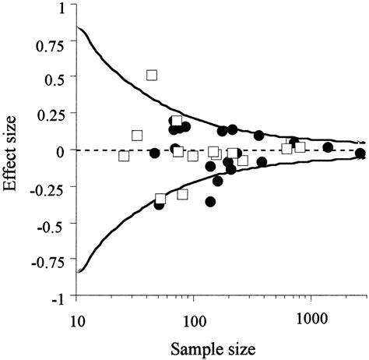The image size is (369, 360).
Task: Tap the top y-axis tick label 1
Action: pos(65,7)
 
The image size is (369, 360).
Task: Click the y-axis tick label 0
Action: pos(65,150)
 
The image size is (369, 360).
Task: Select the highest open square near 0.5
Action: pos(153,75)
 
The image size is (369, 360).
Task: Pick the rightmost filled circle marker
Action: pos(359,154)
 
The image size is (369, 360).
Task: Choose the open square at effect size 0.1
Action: pos(138,136)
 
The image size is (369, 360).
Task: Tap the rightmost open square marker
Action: pos(300,147)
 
